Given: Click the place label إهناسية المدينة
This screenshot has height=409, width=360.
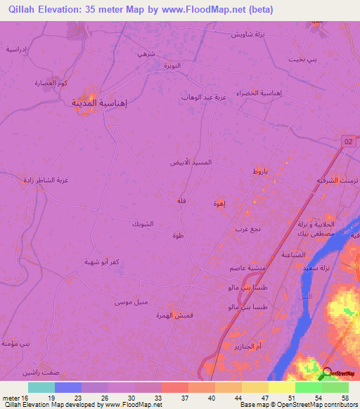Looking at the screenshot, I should [100, 103].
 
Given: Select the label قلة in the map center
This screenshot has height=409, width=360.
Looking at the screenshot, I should [181, 202].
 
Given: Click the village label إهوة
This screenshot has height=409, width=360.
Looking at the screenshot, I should [219, 203].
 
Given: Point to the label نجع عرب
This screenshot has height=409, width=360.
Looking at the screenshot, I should [247, 229].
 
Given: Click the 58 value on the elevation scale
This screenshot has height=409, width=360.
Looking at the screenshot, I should [345, 398].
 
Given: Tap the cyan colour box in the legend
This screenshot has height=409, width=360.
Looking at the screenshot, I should [41, 387].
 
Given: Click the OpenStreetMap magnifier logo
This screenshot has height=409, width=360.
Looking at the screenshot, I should [326, 373].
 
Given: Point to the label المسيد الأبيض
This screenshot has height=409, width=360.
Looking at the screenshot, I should [191, 162].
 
